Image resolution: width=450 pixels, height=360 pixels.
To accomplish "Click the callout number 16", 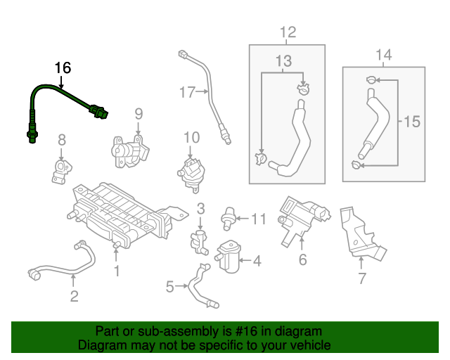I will (63, 68).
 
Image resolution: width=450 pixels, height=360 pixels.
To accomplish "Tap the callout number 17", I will (186, 91).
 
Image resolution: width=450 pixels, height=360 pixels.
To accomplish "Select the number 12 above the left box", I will (288, 32).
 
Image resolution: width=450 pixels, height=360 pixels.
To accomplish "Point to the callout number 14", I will (383, 55).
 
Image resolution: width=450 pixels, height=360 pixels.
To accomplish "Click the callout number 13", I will (283, 62).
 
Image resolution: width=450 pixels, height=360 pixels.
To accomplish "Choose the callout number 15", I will (411, 122).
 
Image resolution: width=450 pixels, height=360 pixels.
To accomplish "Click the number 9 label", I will (139, 113).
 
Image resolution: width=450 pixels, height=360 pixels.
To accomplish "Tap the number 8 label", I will (61, 139).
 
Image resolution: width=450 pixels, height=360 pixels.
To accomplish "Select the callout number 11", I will (259, 219).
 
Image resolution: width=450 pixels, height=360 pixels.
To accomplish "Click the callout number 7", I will (361, 279).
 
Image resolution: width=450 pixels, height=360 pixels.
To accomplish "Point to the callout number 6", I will (302, 260).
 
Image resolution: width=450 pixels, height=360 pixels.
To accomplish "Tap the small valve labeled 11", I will (228, 217).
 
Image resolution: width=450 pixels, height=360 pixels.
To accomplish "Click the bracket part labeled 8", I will (60, 171).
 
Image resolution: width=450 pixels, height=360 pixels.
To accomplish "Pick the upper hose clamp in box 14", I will (371, 82).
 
